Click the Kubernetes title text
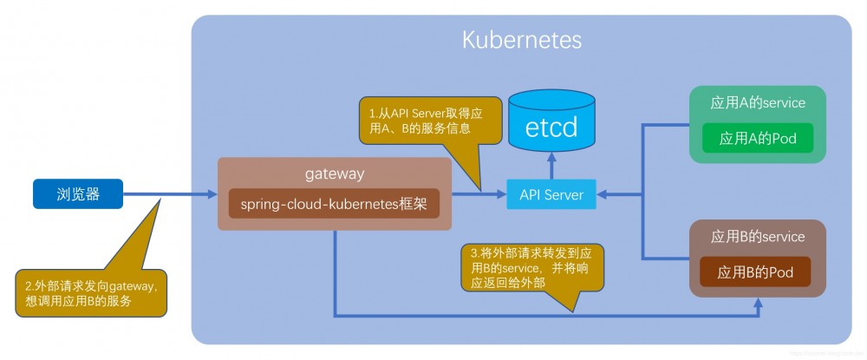click(x=521, y=40)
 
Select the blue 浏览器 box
click(x=78, y=194)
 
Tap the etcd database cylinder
click(x=551, y=121)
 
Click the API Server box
click(x=551, y=194)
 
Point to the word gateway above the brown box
click(x=334, y=173)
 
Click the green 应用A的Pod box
click(x=759, y=139)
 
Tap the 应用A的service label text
click(x=758, y=103)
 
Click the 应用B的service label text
click(x=758, y=237)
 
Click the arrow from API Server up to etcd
click(x=551, y=165)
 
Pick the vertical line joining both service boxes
click(x=642, y=191)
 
